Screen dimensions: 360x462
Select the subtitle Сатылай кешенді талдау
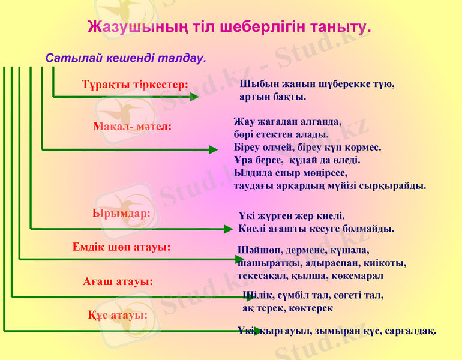[126, 58]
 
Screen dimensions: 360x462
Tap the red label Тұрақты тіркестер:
[135, 84]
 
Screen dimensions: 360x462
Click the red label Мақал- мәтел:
[133, 127]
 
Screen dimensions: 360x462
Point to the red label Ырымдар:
[121, 212]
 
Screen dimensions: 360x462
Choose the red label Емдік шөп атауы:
[121, 247]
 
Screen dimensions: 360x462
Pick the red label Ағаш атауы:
[118, 281]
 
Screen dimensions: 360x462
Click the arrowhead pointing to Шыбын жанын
[194, 96]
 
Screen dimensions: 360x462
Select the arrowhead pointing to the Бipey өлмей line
[213, 150]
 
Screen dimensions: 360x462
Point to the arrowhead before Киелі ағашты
[227, 229]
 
